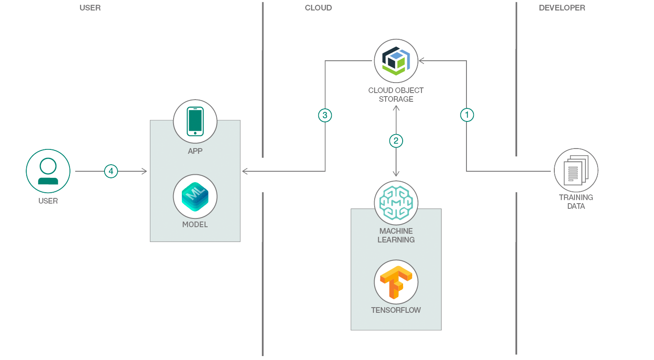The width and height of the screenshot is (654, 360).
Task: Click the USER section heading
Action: click(x=90, y=8)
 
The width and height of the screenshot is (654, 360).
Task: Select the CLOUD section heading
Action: click(x=318, y=8)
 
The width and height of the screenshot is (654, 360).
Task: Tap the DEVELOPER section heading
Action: click(x=562, y=8)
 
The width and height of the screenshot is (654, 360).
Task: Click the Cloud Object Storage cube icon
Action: click(x=396, y=61)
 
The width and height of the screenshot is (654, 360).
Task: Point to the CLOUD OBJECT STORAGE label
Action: click(x=396, y=95)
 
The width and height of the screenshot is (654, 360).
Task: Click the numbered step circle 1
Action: click(x=467, y=115)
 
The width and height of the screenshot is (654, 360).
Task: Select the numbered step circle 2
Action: click(x=396, y=141)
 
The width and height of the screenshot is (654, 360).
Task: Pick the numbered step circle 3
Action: click(x=325, y=115)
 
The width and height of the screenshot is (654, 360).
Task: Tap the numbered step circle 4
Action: click(x=111, y=171)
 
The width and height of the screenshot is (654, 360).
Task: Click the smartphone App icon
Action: click(x=195, y=121)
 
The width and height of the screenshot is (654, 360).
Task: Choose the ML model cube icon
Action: click(x=195, y=197)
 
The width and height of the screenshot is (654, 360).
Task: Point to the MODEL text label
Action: click(x=195, y=225)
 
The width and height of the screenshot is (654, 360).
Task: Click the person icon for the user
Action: click(x=48, y=171)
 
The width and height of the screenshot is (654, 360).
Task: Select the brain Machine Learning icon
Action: click(x=396, y=203)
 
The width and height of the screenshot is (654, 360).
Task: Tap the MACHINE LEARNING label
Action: click(x=396, y=235)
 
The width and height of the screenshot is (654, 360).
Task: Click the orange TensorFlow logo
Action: click(x=396, y=282)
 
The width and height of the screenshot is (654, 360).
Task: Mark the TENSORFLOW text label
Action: click(x=396, y=310)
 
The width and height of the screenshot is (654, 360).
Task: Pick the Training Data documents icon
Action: click(x=576, y=170)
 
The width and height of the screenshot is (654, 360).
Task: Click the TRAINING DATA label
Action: click(x=576, y=202)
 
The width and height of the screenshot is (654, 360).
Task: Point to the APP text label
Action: click(x=195, y=151)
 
